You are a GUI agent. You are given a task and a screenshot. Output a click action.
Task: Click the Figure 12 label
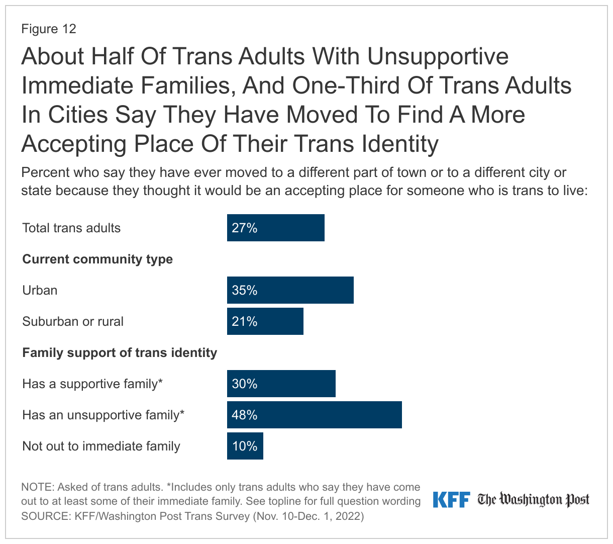point(49,29)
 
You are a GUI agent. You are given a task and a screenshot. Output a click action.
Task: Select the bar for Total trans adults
point(275,228)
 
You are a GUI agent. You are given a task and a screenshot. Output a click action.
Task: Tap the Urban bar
point(290,290)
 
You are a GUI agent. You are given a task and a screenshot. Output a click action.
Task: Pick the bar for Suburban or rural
point(265,321)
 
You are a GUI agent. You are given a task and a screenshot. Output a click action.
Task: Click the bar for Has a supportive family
point(281,384)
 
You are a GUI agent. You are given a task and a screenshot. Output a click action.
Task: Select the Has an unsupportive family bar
point(314,415)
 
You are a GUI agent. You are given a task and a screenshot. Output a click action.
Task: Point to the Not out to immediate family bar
point(245,446)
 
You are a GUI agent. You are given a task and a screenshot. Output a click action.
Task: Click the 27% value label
point(245,228)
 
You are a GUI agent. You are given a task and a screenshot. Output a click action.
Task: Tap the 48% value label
point(245,415)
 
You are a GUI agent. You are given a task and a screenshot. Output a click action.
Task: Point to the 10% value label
point(245,446)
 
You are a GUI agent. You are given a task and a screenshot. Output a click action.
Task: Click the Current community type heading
point(97,259)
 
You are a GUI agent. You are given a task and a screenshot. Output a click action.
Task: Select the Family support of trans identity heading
point(120,352)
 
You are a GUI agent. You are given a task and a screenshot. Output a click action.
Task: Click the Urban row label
point(40,290)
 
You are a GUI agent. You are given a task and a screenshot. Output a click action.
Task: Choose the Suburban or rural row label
point(73,321)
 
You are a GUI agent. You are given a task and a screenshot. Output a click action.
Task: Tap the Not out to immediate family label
point(101,446)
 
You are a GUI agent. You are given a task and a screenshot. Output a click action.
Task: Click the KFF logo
point(451,500)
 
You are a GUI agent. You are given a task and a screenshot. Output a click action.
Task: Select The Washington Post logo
point(533,500)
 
